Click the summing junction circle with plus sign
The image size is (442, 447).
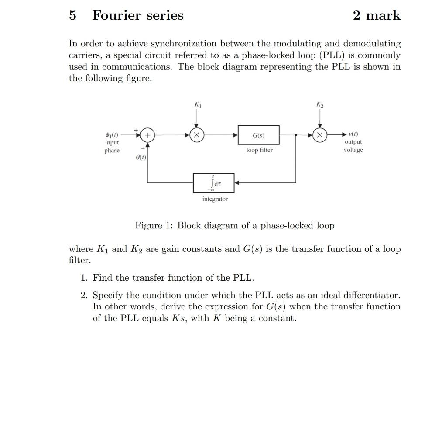pyautogui.click(x=147, y=135)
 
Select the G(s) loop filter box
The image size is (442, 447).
pyautogui.click(x=258, y=135)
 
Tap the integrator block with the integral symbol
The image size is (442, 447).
pyautogui.click(x=214, y=183)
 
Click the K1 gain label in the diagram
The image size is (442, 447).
pyautogui.click(x=198, y=105)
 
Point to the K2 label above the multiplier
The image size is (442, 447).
pyautogui.click(x=320, y=105)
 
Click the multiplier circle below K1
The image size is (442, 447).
pyautogui.click(x=197, y=135)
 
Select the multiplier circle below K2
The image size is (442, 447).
pyautogui.click(x=320, y=135)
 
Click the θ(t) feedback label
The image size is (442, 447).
pyautogui.click(x=140, y=156)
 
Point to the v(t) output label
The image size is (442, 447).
pyautogui.click(x=353, y=134)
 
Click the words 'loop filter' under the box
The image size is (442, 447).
pyautogui.click(x=259, y=150)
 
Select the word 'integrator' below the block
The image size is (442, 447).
pyautogui.click(x=215, y=199)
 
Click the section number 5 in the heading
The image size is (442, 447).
pyautogui.click(x=72, y=15)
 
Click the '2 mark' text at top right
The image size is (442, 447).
pyautogui.click(x=377, y=15)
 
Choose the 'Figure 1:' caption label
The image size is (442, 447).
pyautogui.click(x=154, y=226)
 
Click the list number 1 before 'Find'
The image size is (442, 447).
pyautogui.click(x=84, y=278)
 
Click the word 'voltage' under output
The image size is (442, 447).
pyautogui.click(x=353, y=150)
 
